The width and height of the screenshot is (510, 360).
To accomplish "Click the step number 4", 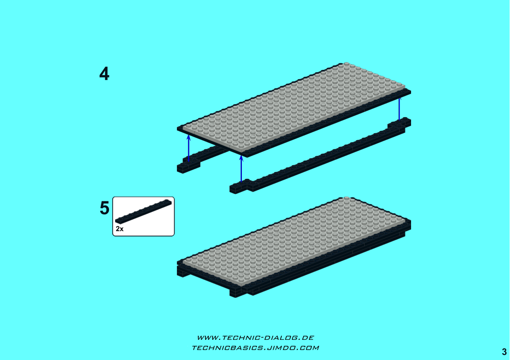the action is [104, 73].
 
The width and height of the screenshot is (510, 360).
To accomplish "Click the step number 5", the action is [105, 208].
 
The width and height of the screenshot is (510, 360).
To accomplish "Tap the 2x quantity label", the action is [120, 229].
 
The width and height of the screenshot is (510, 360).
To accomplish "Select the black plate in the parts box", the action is [143, 211].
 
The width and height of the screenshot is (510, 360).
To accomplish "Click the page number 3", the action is [504, 352].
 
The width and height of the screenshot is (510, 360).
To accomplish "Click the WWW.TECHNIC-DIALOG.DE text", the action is [255, 338].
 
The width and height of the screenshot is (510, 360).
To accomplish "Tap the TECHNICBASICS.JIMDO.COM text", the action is [255, 348].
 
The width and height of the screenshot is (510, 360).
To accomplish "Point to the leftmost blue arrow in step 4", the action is [189, 148].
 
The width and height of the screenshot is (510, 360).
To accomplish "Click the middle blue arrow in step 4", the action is [241, 169].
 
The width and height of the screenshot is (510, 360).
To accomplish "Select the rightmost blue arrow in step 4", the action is [399, 109].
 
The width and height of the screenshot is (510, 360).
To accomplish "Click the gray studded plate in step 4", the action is [294, 107].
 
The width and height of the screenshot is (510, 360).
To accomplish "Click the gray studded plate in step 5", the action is [294, 242].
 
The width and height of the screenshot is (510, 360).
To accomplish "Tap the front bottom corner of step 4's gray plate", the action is [241, 152].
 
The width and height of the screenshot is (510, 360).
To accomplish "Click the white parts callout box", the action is [143, 216].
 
